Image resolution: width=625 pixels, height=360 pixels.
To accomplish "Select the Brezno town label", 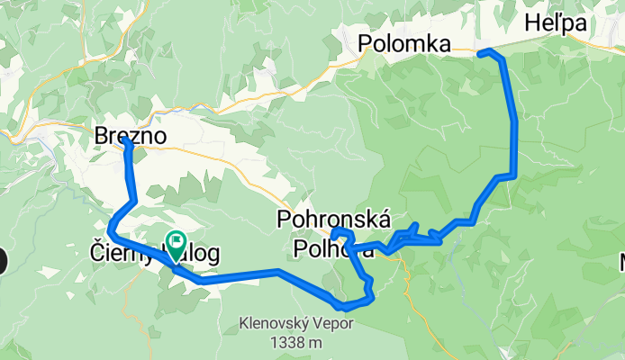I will pyautogui.click(x=133, y=135).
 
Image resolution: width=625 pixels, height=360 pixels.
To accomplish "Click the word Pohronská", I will pyautogui.click(x=334, y=219).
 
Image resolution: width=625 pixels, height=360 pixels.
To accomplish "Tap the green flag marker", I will pyautogui.click(x=174, y=241).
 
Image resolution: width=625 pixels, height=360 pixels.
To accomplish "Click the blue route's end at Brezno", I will pyautogui.click(x=125, y=141).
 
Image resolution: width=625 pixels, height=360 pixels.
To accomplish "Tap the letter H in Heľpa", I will pyautogui.click(x=532, y=22).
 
